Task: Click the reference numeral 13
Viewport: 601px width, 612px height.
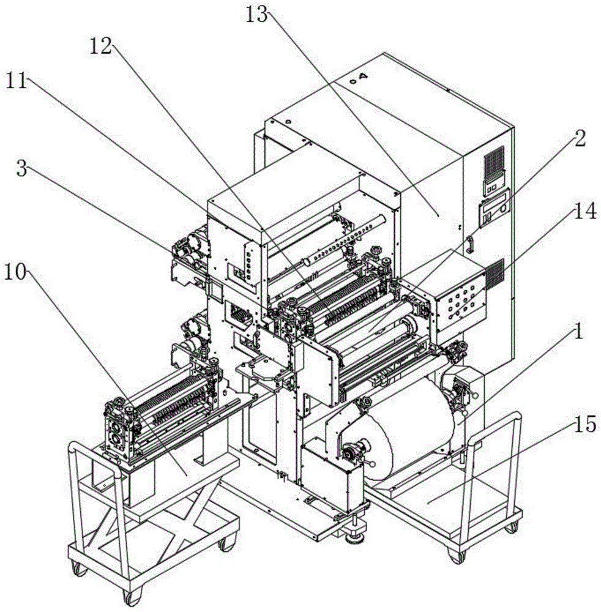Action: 256,14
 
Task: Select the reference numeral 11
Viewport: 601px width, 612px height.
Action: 20,81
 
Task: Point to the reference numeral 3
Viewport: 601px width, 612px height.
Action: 21,169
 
